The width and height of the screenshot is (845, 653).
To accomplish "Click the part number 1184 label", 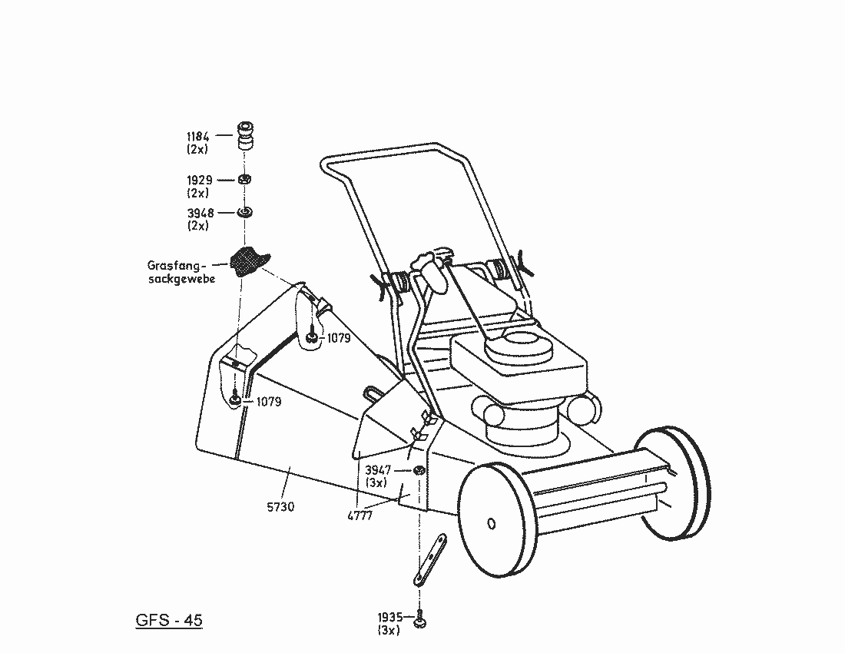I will click(198, 135).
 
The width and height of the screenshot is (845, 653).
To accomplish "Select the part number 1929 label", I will click(199, 180).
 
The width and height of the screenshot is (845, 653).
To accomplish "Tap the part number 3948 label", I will click(199, 213).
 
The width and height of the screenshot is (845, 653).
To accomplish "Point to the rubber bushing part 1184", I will click(245, 136).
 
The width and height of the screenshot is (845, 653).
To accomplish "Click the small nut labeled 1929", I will click(245, 180).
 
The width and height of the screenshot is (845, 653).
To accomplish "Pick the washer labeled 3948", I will click(245, 212).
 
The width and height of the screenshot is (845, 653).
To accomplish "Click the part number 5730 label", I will click(280, 506).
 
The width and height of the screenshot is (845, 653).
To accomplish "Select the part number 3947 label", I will click(378, 469).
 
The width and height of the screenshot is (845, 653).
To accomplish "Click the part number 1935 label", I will click(389, 617).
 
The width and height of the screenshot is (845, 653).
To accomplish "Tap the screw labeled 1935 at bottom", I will click(419, 619).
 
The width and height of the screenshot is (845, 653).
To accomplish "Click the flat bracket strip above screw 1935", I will click(429, 561).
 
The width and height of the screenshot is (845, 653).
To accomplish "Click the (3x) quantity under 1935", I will click(388, 630).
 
